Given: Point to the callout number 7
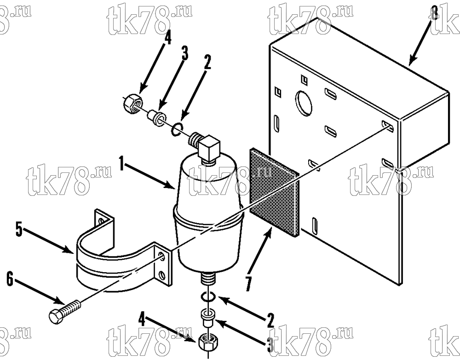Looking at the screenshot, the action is click(248, 284).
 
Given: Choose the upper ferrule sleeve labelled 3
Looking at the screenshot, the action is click(156, 118).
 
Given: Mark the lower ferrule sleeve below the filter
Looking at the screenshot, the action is click(208, 319).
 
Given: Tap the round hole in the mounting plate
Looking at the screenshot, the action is click(304, 102).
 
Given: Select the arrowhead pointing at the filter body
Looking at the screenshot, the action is click(170, 186).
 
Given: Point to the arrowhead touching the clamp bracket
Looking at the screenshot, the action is click(69, 250).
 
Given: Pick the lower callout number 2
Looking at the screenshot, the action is click(270, 320).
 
